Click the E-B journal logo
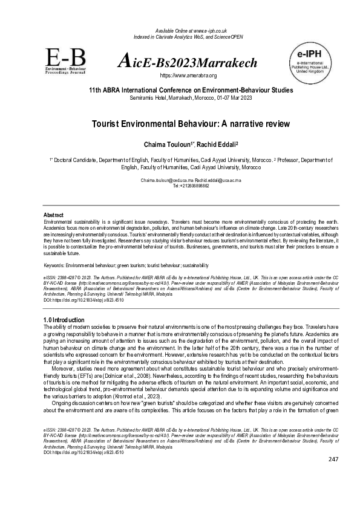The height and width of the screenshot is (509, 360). [65, 59]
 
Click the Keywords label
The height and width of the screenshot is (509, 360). [57, 265]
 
